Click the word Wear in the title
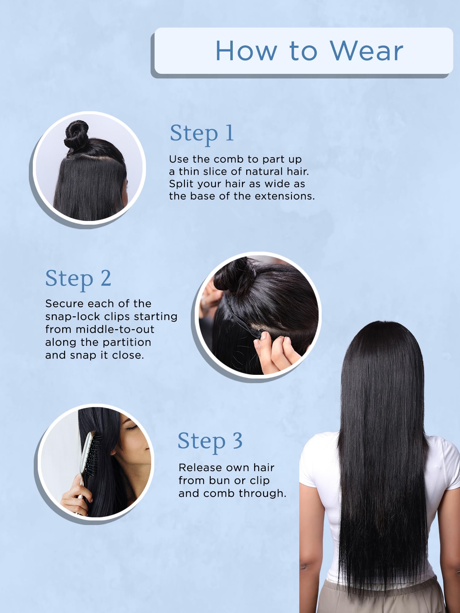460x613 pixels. [366, 51]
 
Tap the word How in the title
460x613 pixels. [247, 51]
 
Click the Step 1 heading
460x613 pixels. [202, 134]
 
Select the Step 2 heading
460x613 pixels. [78, 279]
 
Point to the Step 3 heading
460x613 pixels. [210, 441]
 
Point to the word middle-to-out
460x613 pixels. [115, 329]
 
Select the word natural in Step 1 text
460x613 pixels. [264, 172]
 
